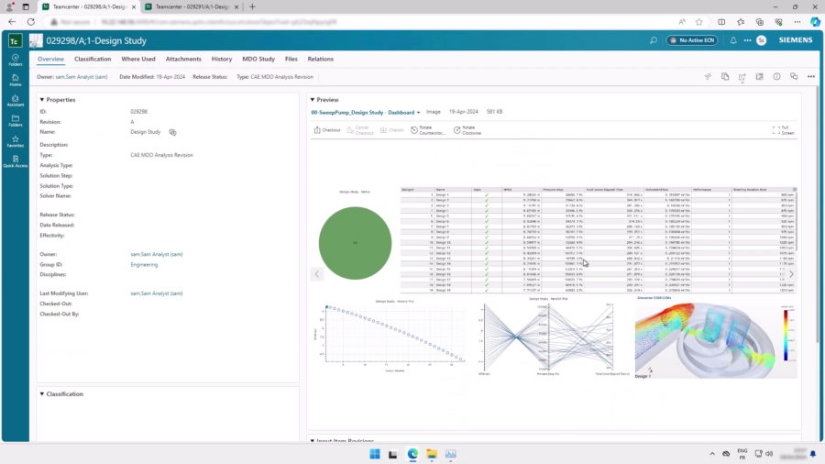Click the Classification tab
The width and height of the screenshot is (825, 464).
[93, 59]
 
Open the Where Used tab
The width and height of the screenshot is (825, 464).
[138, 59]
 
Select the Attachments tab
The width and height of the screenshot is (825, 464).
[183, 59]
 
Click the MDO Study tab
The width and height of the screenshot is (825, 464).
[258, 59]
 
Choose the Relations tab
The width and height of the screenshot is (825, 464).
[321, 59]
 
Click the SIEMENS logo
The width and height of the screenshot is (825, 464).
[796, 40]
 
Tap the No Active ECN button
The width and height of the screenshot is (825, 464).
[696, 40]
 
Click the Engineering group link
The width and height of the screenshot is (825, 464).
[144, 264]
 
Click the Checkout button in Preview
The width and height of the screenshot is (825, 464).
[327, 130]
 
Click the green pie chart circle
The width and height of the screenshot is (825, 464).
[355, 242]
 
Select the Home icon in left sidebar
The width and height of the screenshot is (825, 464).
[16, 80]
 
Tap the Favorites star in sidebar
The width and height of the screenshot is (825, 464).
[16, 141]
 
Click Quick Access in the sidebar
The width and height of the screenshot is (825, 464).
[16, 161]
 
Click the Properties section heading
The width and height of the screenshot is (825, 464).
[60, 99]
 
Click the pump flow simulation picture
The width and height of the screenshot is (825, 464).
[714, 337]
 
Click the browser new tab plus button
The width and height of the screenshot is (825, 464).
[253, 7]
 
